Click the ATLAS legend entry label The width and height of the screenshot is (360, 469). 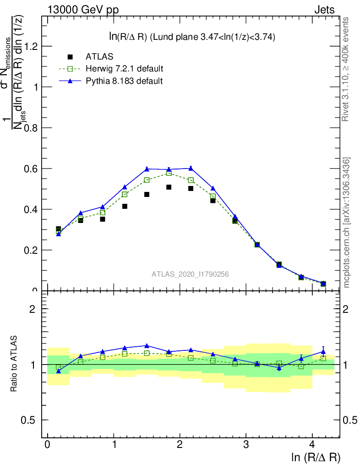click(x=99, y=57)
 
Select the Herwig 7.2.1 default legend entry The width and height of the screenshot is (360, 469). click(x=124, y=69)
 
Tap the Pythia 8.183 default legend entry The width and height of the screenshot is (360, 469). click(x=124, y=81)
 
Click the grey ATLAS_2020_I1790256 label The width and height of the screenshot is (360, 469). click(x=190, y=274)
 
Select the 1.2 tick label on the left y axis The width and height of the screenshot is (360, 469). click(x=31, y=46)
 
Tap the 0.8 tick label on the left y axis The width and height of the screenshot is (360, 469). click(x=31, y=128)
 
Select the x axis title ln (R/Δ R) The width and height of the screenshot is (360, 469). click(x=316, y=457)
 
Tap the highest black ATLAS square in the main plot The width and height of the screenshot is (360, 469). click(x=169, y=187)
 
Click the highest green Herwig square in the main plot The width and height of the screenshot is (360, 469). click(x=169, y=173)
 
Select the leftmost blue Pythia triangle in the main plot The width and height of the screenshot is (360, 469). click(x=59, y=234)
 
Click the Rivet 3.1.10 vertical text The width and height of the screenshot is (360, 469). click(x=346, y=69)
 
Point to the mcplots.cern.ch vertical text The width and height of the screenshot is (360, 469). click(x=347, y=222)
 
